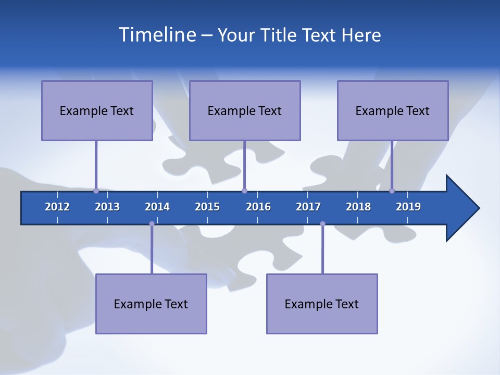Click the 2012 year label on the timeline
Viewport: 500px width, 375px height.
pos(57,207)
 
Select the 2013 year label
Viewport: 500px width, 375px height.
pos(107,207)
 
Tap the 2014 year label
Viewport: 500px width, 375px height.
pos(157,207)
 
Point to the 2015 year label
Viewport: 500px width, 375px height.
pos(207,207)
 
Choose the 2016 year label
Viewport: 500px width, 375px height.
pos(258,207)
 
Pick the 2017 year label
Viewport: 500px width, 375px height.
pos(308,207)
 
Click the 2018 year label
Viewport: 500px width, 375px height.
pos(358,207)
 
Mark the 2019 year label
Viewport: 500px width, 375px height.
pos(408,207)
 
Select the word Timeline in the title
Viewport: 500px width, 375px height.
pos(156,35)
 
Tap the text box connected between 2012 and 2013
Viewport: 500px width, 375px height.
pos(97,110)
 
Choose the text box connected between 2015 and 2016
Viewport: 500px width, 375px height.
pos(245,110)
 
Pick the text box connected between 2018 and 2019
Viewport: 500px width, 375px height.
pos(393,110)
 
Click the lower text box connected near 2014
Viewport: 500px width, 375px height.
pos(151,304)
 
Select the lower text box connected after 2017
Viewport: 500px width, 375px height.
pos(322,304)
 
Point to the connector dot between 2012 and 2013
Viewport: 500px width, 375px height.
pos(96,191)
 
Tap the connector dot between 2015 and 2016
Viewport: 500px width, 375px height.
pos(244,191)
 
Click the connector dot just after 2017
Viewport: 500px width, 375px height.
pos(322,224)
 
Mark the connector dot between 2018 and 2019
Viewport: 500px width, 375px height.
pos(392,191)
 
